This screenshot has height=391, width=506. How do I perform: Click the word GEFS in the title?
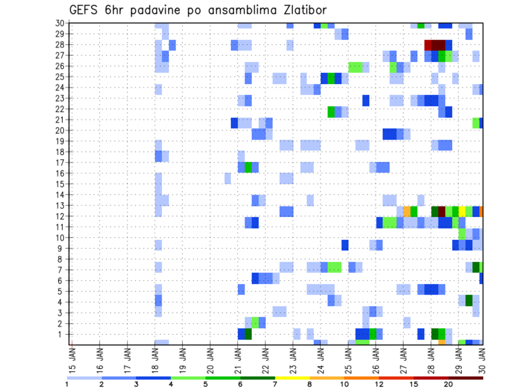click(x=85, y=11)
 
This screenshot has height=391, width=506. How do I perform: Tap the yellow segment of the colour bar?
click(x=293, y=378)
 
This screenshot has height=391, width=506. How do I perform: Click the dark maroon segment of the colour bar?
click(x=465, y=378)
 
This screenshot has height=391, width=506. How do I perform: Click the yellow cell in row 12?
click(x=462, y=211)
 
